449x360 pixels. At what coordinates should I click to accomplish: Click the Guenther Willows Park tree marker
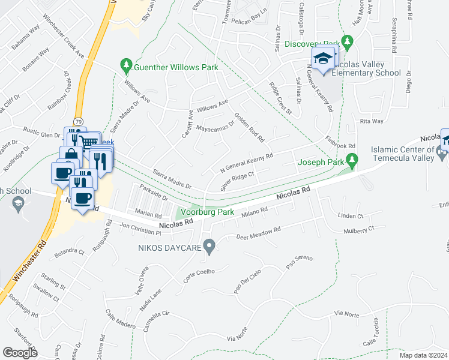126,64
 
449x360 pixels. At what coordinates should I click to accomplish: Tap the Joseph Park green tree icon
353,161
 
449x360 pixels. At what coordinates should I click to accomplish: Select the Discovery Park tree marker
347,41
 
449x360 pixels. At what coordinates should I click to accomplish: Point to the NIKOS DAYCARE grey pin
209,245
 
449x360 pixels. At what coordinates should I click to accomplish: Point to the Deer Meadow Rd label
259,233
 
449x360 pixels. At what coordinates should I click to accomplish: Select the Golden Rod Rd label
249,127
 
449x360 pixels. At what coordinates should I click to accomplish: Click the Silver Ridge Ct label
238,182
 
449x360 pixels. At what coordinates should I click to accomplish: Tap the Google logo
20,353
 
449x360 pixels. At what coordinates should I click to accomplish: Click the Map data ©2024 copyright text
423,355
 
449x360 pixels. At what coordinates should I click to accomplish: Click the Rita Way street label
372,121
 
